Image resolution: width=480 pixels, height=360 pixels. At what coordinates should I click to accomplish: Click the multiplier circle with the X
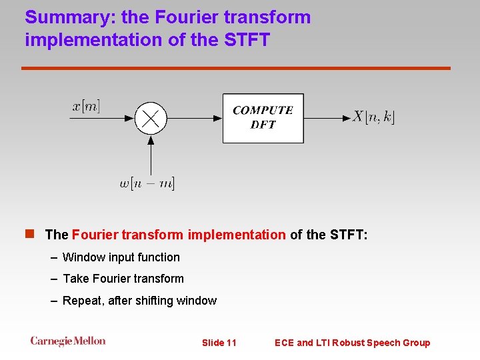tap(151, 118)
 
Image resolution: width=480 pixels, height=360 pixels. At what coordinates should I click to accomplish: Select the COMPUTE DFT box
tap(263, 118)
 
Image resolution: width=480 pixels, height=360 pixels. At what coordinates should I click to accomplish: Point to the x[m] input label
tap(86, 106)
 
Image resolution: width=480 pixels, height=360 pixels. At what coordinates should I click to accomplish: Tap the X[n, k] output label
tap(373, 117)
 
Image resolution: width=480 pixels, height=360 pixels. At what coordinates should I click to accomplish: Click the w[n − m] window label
tap(147, 183)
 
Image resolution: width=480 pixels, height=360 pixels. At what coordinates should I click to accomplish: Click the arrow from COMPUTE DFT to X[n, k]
tap(327, 118)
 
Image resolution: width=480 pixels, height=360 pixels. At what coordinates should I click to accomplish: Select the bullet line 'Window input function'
tap(121, 257)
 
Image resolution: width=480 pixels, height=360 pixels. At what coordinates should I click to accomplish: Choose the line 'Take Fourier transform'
tap(123, 279)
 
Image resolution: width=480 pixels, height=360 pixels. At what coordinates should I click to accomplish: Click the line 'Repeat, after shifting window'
tap(139, 301)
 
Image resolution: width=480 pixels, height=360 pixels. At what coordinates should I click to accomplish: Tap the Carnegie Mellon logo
tap(67, 341)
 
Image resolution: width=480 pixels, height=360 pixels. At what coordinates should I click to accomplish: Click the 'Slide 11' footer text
tap(219, 343)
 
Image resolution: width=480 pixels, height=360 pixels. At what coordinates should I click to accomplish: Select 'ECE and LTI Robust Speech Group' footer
tap(352, 343)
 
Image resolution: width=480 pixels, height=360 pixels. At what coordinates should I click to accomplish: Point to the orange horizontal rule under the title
tap(236, 68)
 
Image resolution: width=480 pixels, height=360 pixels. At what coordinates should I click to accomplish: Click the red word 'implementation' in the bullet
tap(237, 235)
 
